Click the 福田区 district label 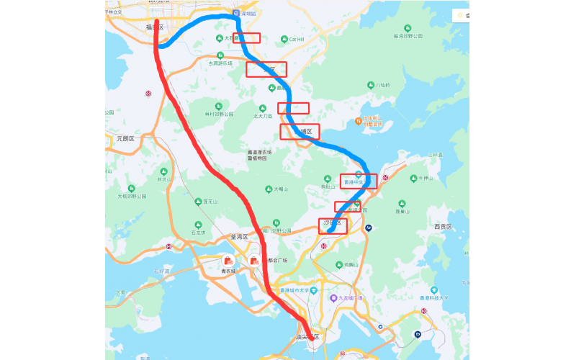point(154,27)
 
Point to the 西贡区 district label point(441,227)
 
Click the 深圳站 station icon point(235,14)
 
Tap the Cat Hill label point(297,39)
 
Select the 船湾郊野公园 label point(408,35)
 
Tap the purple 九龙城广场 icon point(333,298)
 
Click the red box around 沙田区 point(333,226)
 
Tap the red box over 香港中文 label point(359,181)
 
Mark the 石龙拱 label point(197,233)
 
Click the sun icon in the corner point(459,15)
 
